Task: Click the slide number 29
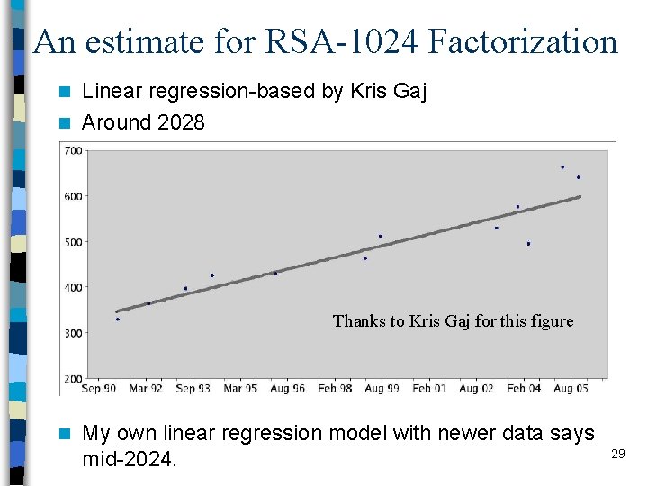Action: tap(617, 454)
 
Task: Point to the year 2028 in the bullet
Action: tap(181, 122)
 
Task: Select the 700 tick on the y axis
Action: tap(73, 150)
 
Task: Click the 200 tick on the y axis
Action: tap(73, 379)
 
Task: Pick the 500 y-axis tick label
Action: tap(73, 242)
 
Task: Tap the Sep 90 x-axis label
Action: tap(98, 389)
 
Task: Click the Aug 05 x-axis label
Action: tap(571, 389)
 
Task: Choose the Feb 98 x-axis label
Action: tap(335, 389)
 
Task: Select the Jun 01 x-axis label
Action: tap(429, 389)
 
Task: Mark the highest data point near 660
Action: tap(562, 167)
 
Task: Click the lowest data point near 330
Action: tap(117, 319)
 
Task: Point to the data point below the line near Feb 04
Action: tap(528, 244)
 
